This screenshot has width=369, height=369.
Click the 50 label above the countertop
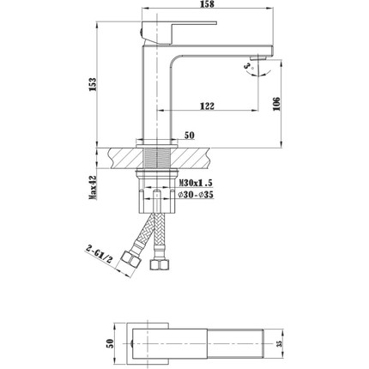191,136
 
